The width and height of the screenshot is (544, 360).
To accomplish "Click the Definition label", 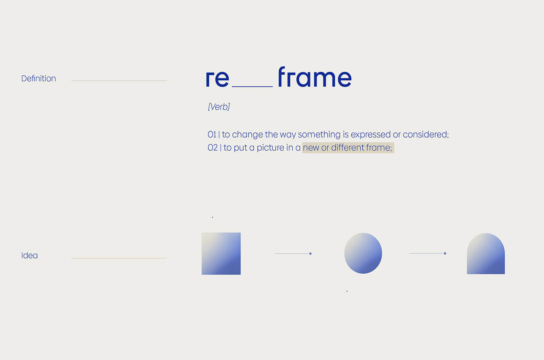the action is click(x=39, y=78).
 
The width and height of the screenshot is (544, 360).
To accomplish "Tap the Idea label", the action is click(x=29, y=255).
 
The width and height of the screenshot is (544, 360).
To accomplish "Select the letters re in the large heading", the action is click(x=217, y=79).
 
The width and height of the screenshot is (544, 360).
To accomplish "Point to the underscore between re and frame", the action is click(x=252, y=86).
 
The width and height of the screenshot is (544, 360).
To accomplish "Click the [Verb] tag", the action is click(x=219, y=107).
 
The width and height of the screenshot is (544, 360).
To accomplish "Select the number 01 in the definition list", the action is click(x=212, y=134).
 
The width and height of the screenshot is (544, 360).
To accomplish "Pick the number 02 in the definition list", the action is click(x=212, y=147).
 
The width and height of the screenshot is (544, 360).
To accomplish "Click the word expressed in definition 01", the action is click(x=371, y=135).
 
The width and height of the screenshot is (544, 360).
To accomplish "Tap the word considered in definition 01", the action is click(x=426, y=134).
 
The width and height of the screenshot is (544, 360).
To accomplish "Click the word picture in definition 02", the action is click(x=270, y=148).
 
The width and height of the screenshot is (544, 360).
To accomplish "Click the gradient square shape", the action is click(x=221, y=253).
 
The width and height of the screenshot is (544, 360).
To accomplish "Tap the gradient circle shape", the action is click(x=363, y=253).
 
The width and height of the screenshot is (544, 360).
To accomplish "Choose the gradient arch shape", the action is click(x=486, y=254).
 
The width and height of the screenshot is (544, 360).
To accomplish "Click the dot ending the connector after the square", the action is click(x=310, y=253).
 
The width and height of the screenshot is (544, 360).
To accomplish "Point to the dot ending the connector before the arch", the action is click(x=445, y=253).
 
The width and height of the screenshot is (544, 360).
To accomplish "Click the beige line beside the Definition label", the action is click(x=119, y=81).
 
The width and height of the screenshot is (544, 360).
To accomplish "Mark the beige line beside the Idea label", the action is click(x=119, y=258).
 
